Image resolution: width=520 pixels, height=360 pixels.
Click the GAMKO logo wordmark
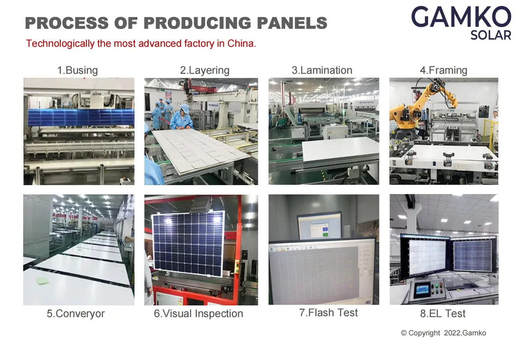(x=461, y=17)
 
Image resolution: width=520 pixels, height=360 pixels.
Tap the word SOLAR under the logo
(x=491, y=35)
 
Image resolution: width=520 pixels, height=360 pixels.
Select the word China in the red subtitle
(x=241, y=44)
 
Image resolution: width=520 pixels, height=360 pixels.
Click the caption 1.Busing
(x=77, y=70)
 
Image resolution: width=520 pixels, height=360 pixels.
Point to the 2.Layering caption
(x=205, y=70)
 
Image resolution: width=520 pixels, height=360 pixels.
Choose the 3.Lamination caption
(x=322, y=70)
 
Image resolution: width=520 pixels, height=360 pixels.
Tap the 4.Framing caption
(x=443, y=70)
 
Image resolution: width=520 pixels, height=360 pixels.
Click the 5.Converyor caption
(x=76, y=313)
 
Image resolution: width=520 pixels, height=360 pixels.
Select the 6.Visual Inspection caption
(x=198, y=313)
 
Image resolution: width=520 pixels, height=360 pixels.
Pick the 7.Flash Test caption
(x=328, y=312)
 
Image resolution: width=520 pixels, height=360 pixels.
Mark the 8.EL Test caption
(x=443, y=313)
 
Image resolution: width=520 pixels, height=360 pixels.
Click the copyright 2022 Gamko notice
(x=443, y=333)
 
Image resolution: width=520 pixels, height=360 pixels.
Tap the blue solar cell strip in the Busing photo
(x=81, y=117)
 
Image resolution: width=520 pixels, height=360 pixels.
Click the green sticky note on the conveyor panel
(x=42, y=281)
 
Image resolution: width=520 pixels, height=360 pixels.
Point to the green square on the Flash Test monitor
(x=325, y=234)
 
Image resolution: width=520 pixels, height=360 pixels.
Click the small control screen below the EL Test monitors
(x=422, y=290)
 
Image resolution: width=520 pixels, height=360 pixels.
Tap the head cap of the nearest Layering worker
(x=185, y=108)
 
